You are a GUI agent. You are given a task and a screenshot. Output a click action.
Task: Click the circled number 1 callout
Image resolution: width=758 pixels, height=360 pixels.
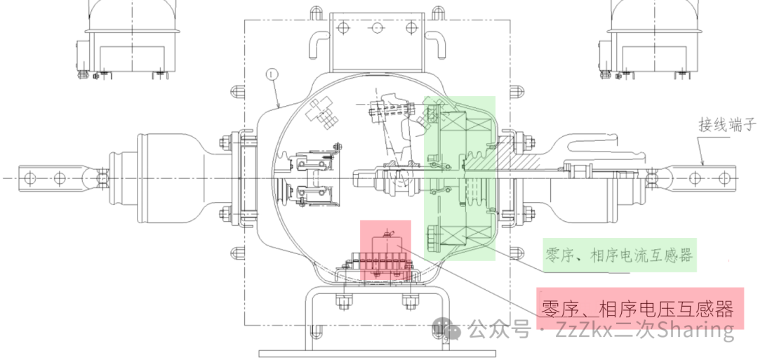(272, 75)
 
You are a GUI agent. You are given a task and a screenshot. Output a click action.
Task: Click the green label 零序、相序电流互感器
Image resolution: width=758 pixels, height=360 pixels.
(620, 255)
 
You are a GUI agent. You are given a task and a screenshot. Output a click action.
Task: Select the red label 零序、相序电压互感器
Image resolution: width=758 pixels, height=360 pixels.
(637, 309)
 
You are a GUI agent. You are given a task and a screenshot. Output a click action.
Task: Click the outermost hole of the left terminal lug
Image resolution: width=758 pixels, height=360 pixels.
(29, 178)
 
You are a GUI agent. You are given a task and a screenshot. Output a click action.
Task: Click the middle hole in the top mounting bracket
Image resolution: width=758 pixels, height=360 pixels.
(376, 27)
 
